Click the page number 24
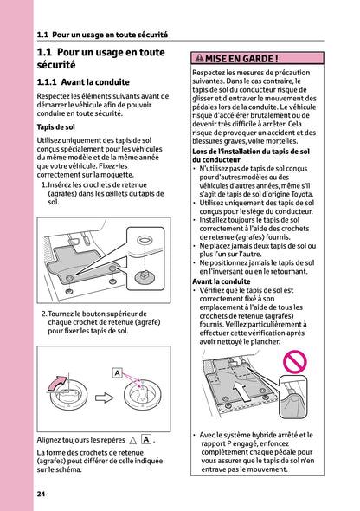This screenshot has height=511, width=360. [x=41, y=494]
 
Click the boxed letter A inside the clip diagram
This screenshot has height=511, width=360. [x=116, y=372]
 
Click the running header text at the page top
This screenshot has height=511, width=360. [x=102, y=36]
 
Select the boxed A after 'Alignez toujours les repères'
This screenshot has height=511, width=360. [x=146, y=439]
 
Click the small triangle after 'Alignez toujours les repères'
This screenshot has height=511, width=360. [x=132, y=440]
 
